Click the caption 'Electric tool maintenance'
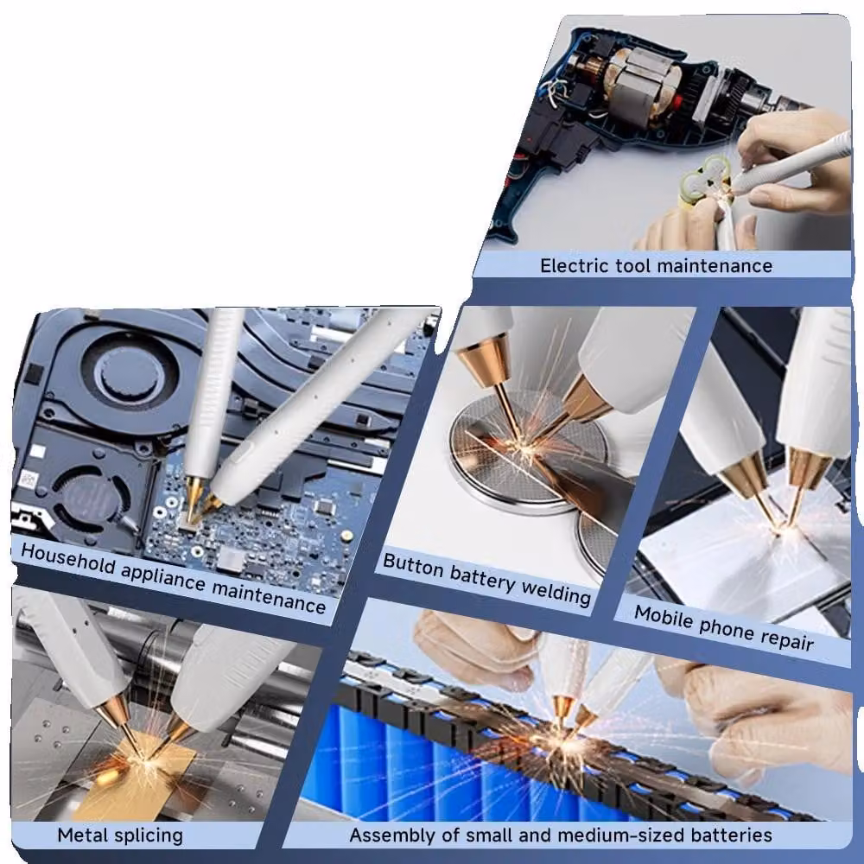pos(656,265)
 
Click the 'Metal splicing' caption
pos(120,835)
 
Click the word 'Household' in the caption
pos(67,558)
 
